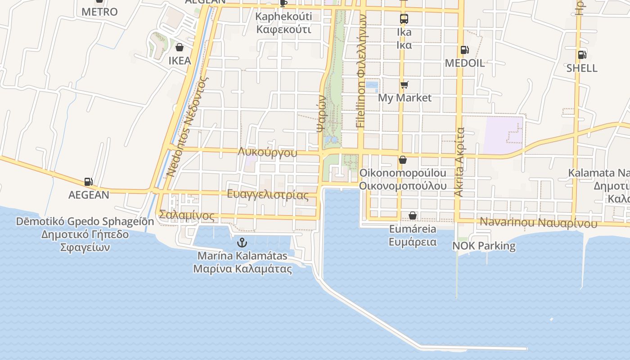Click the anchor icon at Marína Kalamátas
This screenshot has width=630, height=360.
click(x=242, y=243)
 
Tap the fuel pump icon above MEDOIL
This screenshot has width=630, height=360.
click(x=464, y=50)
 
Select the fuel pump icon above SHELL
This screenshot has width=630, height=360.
click(x=582, y=55)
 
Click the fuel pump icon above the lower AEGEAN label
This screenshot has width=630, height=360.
click(x=89, y=182)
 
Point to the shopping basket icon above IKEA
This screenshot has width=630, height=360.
click(x=179, y=47)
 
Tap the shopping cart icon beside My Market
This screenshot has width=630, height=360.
click(x=404, y=85)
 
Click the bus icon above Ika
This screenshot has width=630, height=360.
click(x=404, y=19)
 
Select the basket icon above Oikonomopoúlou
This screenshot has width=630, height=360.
click(x=403, y=160)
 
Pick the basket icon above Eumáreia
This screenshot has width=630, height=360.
click(x=413, y=216)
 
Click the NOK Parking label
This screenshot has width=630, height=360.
click(x=484, y=246)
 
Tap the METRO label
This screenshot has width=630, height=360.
click(x=99, y=12)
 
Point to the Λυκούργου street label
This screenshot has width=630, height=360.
click(x=268, y=153)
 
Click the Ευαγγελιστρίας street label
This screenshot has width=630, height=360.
click(x=268, y=195)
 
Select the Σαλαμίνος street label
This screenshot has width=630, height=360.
click(x=187, y=216)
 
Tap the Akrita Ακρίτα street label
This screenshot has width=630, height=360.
click(x=459, y=162)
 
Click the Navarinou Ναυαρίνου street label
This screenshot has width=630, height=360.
click(x=539, y=222)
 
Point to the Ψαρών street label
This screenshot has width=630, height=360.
click(x=321, y=112)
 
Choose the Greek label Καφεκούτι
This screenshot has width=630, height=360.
click(x=283, y=30)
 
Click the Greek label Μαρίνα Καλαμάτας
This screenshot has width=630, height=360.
click(x=242, y=269)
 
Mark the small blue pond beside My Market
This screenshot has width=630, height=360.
click(x=372, y=85)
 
